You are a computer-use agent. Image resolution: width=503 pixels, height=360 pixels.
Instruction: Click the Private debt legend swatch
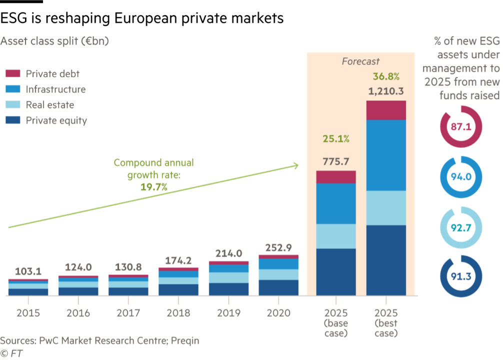pos(12,74)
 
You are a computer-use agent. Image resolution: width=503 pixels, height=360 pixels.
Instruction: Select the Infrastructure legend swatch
pos(12,89)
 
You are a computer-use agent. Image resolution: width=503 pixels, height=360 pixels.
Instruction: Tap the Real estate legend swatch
pos(12,105)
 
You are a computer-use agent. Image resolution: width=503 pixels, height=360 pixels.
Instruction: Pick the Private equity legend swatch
pos(12,120)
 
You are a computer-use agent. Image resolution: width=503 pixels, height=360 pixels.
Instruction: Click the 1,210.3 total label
pos(386,91)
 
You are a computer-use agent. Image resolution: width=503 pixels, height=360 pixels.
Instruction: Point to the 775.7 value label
pos(335,161)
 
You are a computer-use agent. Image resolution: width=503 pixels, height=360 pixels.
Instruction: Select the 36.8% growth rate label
pos(386,76)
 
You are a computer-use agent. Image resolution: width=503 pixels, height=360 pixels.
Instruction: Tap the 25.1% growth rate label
pos(335,139)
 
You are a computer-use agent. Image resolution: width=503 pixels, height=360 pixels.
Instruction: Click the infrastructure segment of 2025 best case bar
pos(386,155)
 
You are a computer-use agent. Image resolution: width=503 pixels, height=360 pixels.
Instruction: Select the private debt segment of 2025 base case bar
pos(335,177)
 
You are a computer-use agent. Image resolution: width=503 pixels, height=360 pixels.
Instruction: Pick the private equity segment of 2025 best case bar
pos(386,260)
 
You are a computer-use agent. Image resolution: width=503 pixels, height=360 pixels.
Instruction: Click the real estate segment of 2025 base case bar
pos(335,236)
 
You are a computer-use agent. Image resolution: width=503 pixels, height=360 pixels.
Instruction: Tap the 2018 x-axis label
pos(178,313)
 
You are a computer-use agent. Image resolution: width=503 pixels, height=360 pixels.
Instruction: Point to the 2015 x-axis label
pos(28,313)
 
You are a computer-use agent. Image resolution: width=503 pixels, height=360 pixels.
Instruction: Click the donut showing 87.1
pos(461,127)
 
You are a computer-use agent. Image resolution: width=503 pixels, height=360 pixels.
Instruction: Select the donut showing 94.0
pos(461,177)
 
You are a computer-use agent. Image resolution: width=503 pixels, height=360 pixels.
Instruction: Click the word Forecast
pos(360,61)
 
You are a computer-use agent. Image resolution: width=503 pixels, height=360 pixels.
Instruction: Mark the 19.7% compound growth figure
pos(154,187)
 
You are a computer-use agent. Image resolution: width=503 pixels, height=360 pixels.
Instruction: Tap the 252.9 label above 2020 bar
pos(278,248)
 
